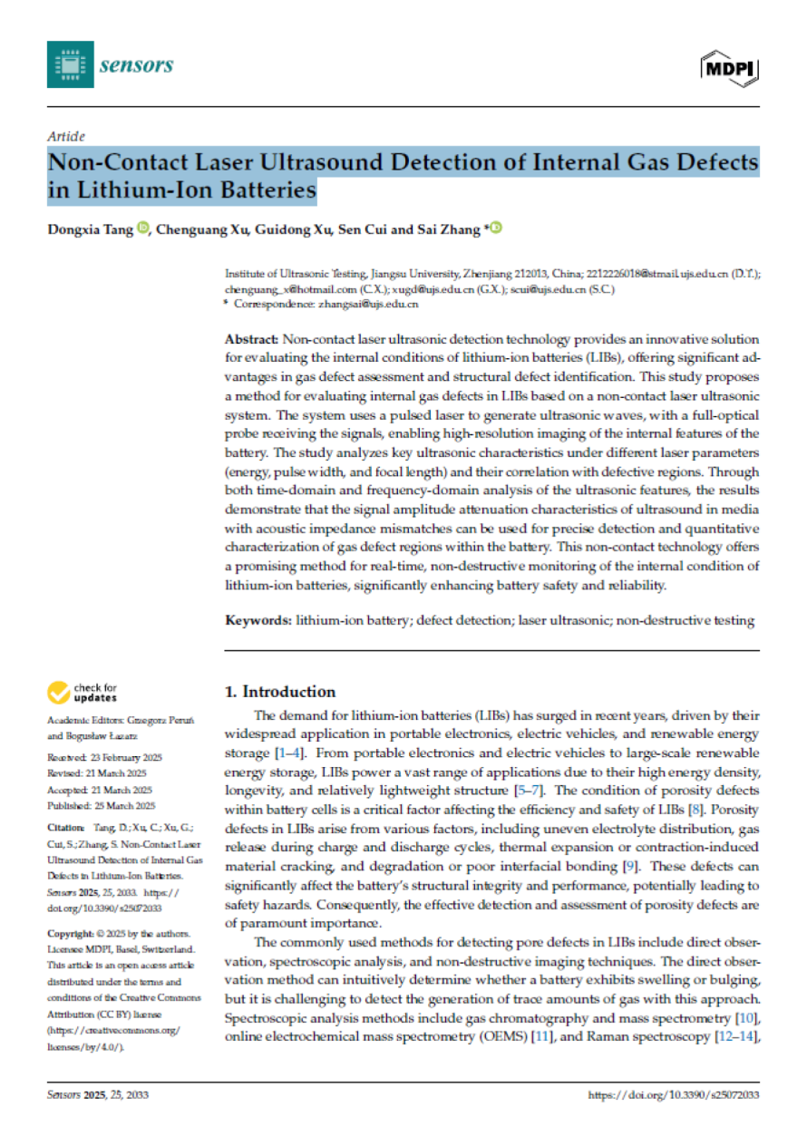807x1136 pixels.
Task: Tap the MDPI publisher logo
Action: (x=729, y=66)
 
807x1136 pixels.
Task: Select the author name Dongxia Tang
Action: (x=90, y=228)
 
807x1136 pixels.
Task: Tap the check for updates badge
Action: (x=83, y=694)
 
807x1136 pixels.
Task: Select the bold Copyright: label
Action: (x=70, y=933)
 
